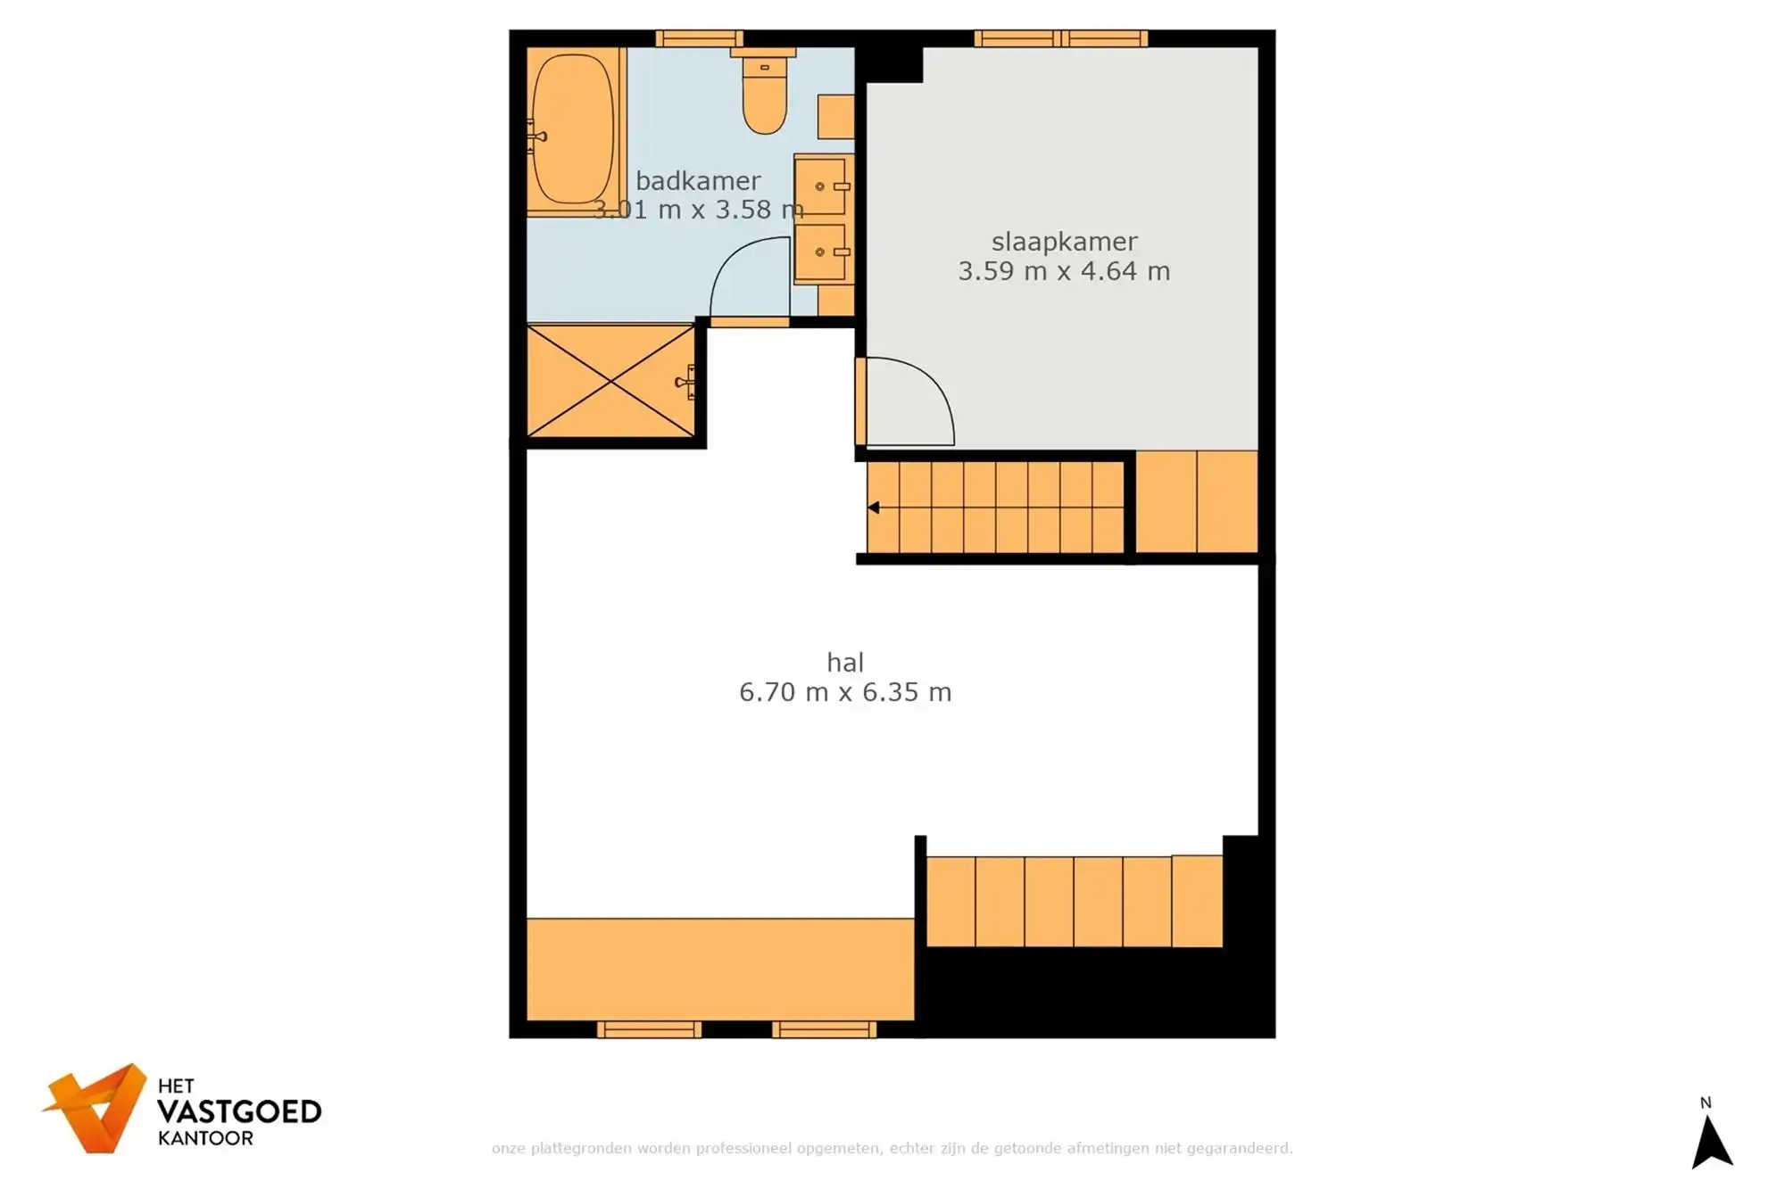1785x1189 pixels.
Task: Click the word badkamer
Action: pyautogui.click(x=698, y=181)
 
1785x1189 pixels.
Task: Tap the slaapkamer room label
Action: pyautogui.click(x=1064, y=242)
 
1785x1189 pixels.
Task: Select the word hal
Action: pyautogui.click(x=844, y=663)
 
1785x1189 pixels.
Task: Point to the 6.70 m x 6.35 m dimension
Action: pyautogui.click(x=844, y=692)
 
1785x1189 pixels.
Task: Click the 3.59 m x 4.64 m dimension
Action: pyautogui.click(x=1064, y=271)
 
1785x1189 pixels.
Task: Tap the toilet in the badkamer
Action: pyautogui.click(x=765, y=97)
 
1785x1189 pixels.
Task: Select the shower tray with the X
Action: pyautogui.click(x=610, y=381)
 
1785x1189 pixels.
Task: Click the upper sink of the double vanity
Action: pyautogui.click(x=821, y=186)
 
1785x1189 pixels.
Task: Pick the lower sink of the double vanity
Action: pyautogui.click(x=821, y=252)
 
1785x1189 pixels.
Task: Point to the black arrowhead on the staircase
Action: pyautogui.click(x=874, y=508)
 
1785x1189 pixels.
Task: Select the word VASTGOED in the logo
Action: pyautogui.click(x=238, y=1111)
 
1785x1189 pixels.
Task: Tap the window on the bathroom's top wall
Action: pyautogui.click(x=699, y=38)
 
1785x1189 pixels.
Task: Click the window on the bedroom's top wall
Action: pyautogui.click(x=1060, y=38)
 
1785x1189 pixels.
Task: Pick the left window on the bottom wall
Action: pyautogui.click(x=649, y=1030)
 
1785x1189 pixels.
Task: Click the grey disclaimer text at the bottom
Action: pyautogui.click(x=892, y=1148)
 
